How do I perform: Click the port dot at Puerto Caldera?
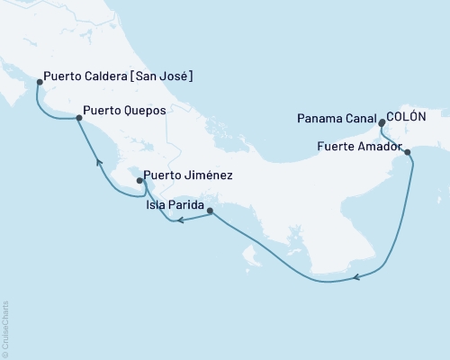tap(39, 82)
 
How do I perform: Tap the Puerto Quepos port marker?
tap(78, 116)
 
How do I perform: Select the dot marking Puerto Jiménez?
tap(139, 181)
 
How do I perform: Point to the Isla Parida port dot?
tap(210, 211)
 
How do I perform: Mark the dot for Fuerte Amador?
tap(409, 152)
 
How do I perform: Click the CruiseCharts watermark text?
tap(5, 328)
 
